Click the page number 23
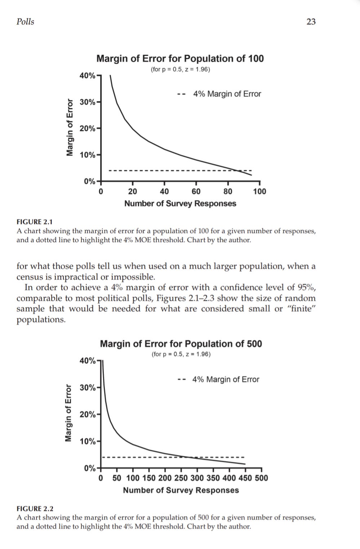[x=311, y=22]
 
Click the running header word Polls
[x=25, y=22]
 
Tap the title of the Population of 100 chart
[x=180, y=58]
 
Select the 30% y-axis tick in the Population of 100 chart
[x=88, y=102]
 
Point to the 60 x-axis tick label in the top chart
[x=196, y=191]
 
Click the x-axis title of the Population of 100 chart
[x=180, y=203]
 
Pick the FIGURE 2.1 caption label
[x=35, y=222]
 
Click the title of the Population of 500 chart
[x=181, y=344]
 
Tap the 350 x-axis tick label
[x=213, y=478]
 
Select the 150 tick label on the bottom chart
[x=149, y=478]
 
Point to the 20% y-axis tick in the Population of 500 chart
[x=88, y=414]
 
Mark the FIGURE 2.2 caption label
[x=35, y=509]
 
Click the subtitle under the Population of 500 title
[x=181, y=354]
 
